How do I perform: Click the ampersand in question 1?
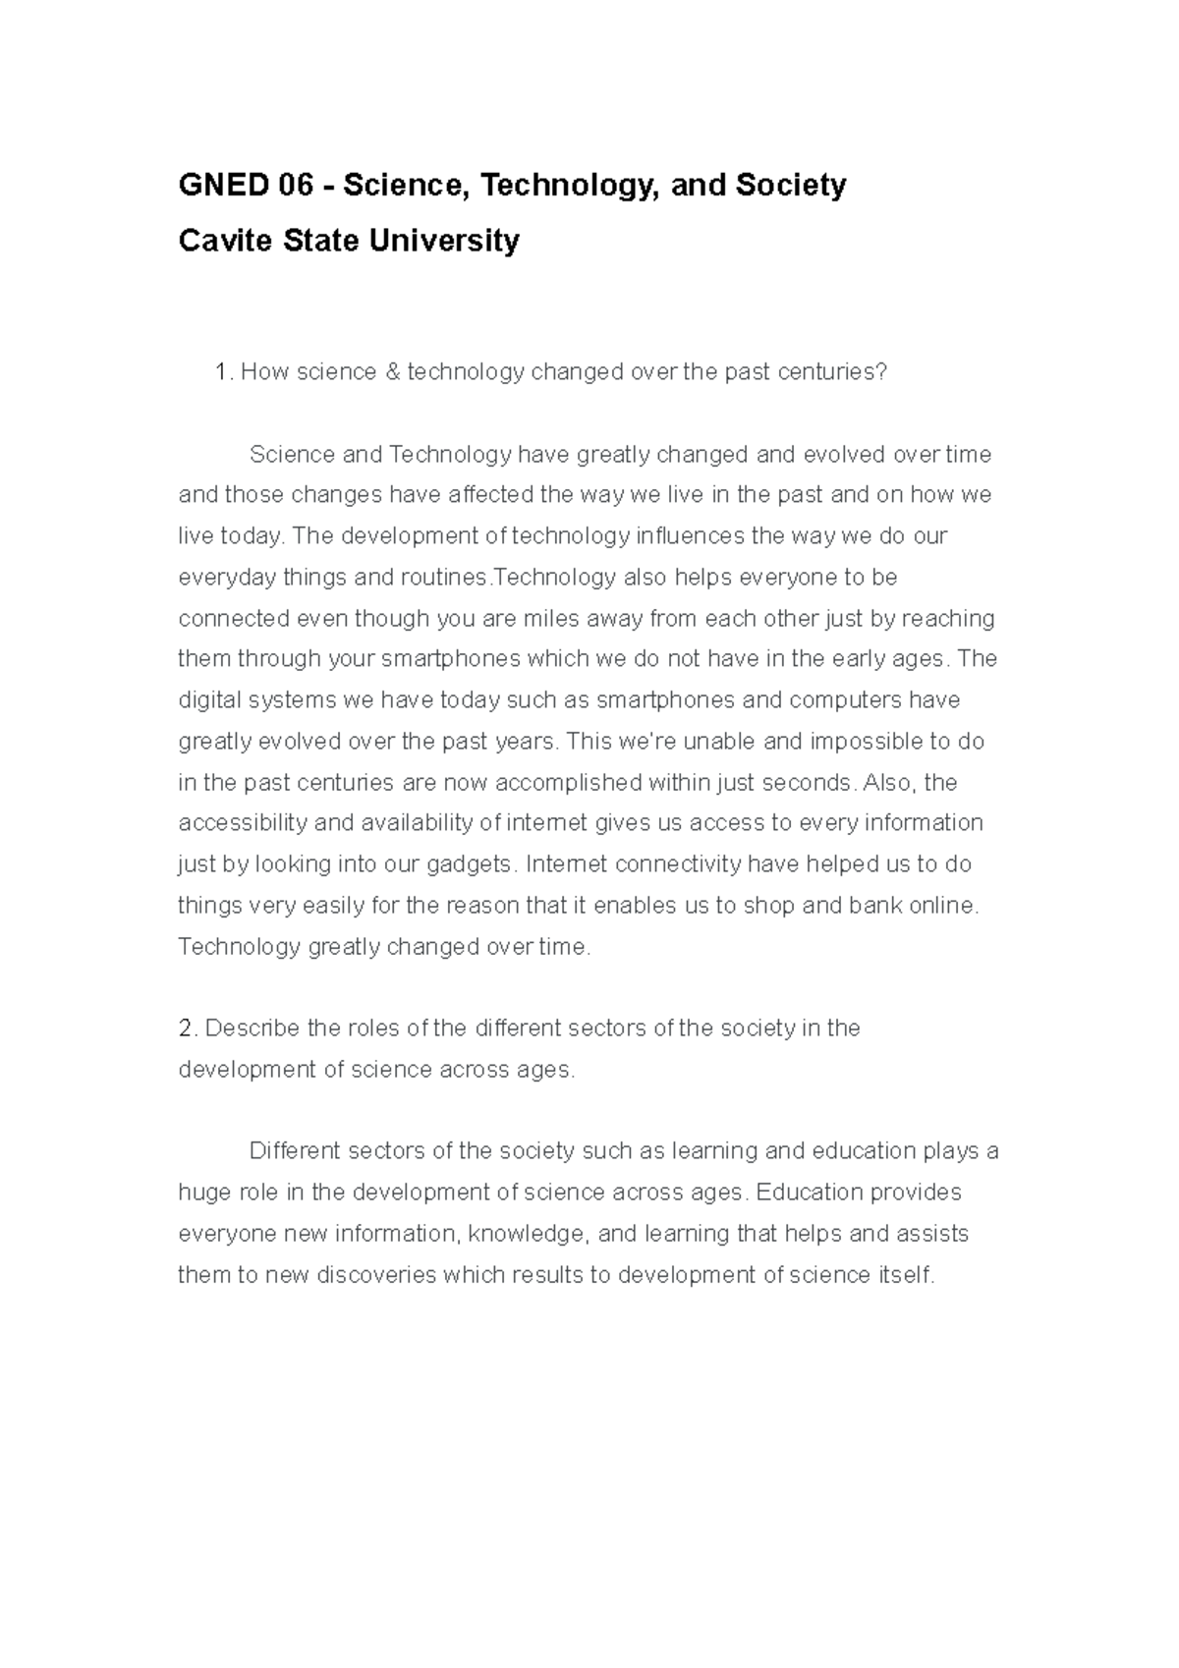point(391,371)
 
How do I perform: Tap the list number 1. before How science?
point(223,371)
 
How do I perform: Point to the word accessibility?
point(242,823)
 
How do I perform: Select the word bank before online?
point(876,906)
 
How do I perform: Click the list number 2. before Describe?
point(188,1029)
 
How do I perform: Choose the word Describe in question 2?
point(253,1029)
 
